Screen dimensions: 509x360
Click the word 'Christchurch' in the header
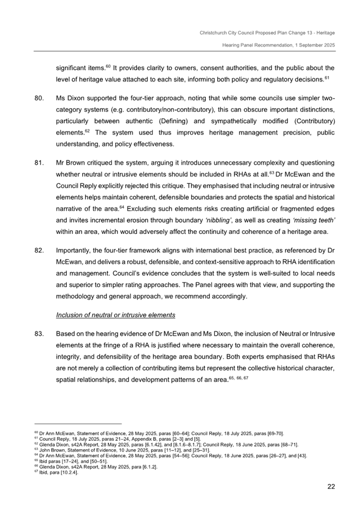point(215,33)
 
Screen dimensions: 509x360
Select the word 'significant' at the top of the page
point(71,68)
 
